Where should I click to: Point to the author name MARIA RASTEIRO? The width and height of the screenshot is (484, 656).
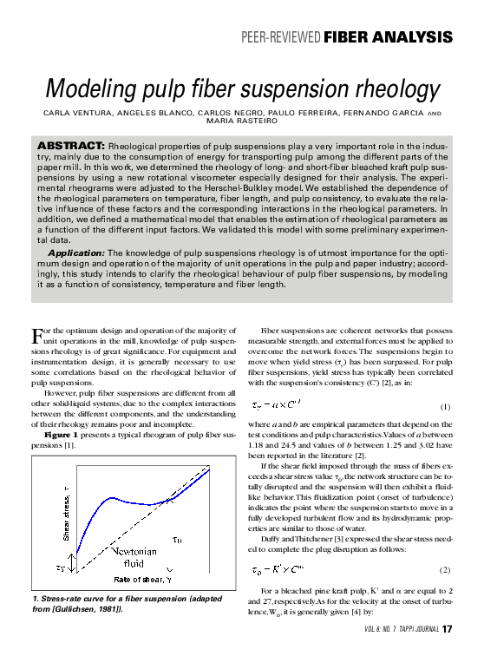pyautogui.click(x=241, y=121)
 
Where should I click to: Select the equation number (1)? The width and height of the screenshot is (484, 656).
pyautogui.click(x=445, y=406)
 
